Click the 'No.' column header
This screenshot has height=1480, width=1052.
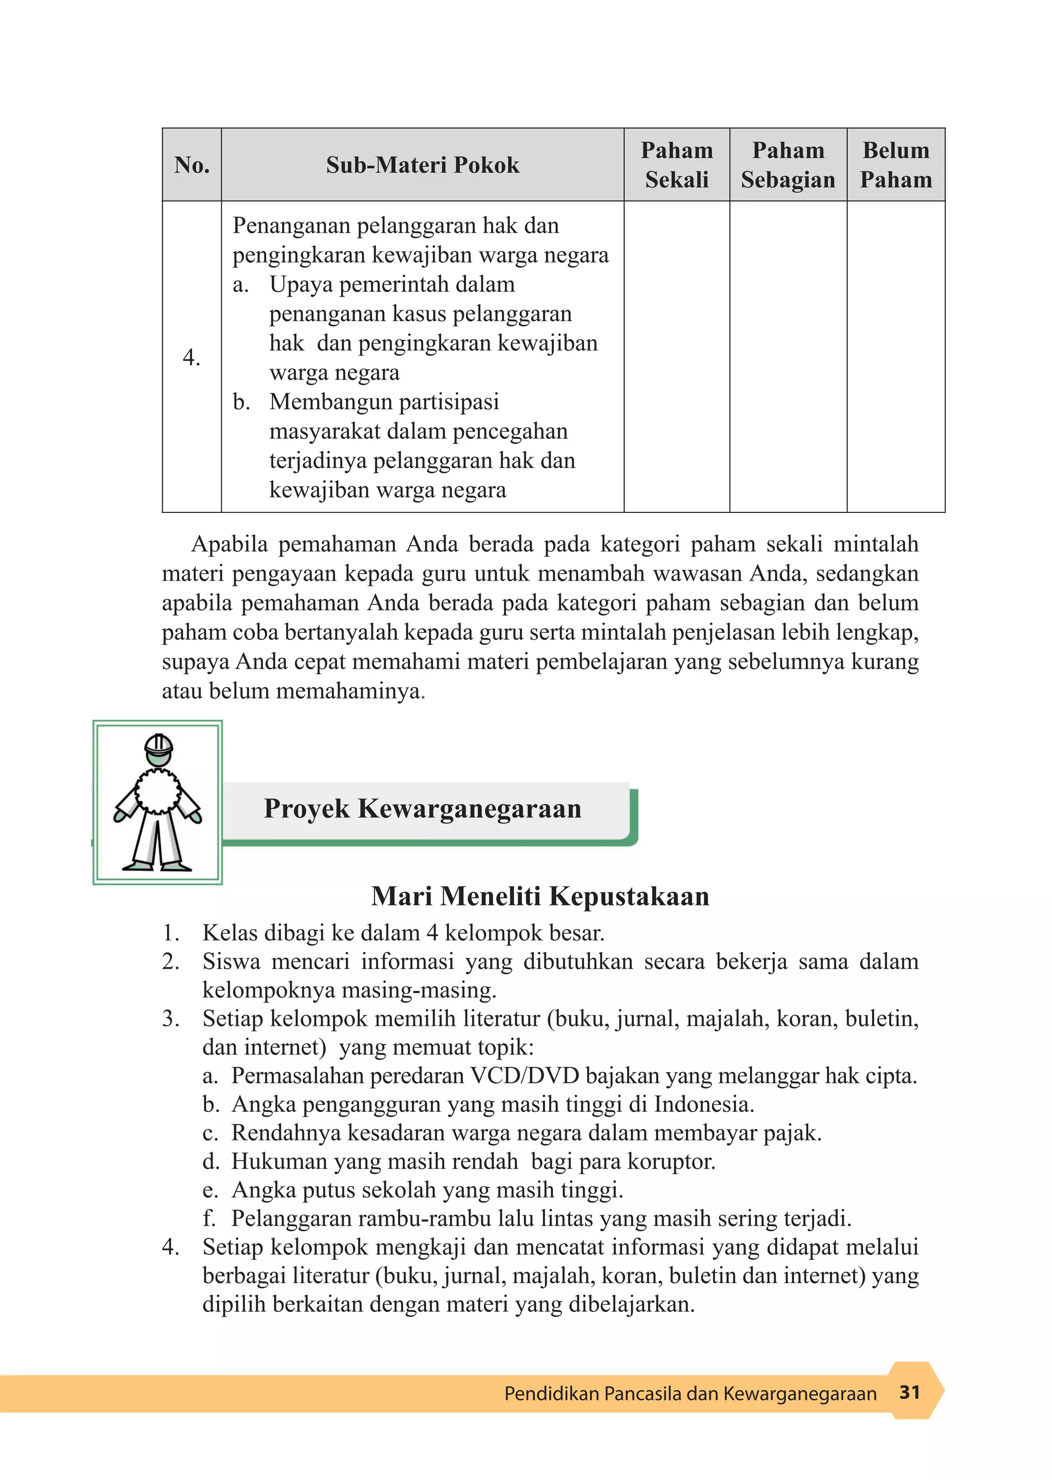(x=192, y=164)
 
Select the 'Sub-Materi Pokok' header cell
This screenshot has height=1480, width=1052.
(x=422, y=164)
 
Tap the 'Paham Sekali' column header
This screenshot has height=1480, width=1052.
(x=677, y=164)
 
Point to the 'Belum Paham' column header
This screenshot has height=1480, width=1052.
(x=895, y=164)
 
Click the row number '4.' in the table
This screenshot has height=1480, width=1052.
(x=192, y=357)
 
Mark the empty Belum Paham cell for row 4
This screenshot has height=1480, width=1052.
(x=895, y=357)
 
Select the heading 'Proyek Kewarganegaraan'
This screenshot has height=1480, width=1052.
(x=422, y=809)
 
